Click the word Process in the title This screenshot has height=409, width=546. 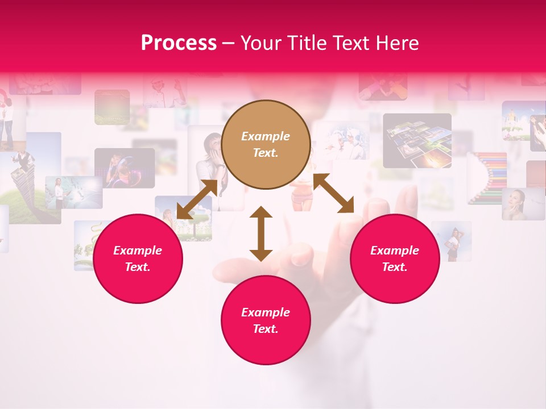click(x=179, y=43)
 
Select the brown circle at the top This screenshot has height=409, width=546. click(x=266, y=144)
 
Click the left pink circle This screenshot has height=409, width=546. click(x=138, y=258)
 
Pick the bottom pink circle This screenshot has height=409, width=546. click(x=266, y=320)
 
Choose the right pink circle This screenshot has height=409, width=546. click(x=395, y=258)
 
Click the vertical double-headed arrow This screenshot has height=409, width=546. click(x=261, y=233)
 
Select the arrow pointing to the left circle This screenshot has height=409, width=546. click(x=197, y=199)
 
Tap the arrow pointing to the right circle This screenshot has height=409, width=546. click(x=334, y=193)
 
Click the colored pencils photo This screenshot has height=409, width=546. click(x=487, y=177)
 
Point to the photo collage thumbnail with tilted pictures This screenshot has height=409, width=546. click(x=417, y=140)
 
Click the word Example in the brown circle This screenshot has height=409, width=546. click(x=266, y=136)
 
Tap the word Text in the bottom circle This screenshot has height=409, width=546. click(x=265, y=329)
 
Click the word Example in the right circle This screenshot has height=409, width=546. click(x=395, y=251)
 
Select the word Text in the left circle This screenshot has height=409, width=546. click(x=138, y=267)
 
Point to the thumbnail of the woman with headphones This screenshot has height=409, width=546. click(x=125, y=168)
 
